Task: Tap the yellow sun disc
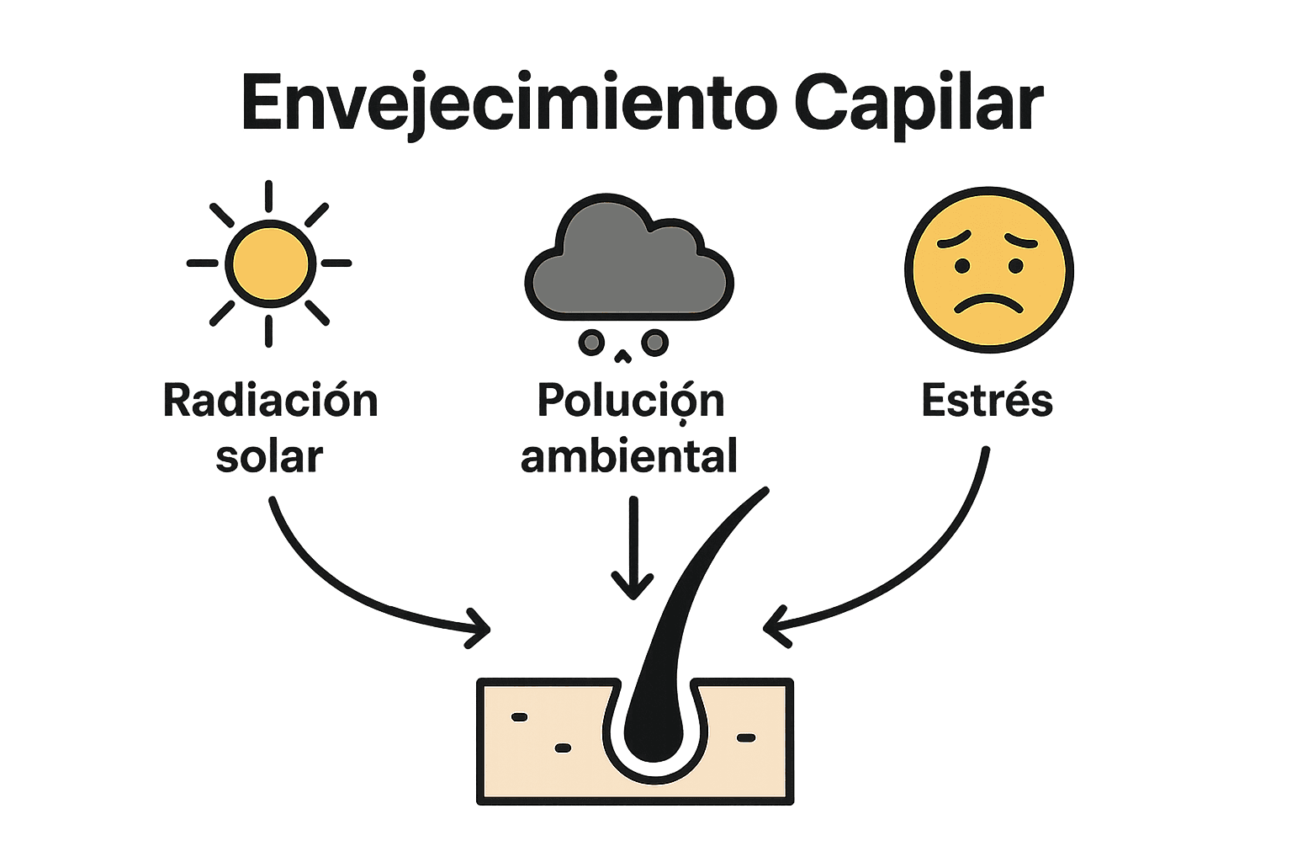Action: pyautogui.click(x=269, y=263)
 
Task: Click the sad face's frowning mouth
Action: pyautogui.click(x=989, y=303)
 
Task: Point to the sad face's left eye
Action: pyautogui.click(x=961, y=266)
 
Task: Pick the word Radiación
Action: pyautogui.click(x=270, y=401)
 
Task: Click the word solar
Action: pyautogui.click(x=269, y=457)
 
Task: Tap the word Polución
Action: pyautogui.click(x=630, y=401)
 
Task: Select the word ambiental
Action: pyautogui.click(x=629, y=457)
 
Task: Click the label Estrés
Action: pyautogui.click(x=988, y=401)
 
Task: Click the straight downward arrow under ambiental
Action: pyautogui.click(x=633, y=547)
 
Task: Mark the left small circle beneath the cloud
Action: pyautogui.click(x=591, y=343)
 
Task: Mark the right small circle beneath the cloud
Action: pyautogui.click(x=654, y=343)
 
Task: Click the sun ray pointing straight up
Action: pyautogui.click(x=268, y=196)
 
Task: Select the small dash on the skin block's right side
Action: pyautogui.click(x=746, y=738)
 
